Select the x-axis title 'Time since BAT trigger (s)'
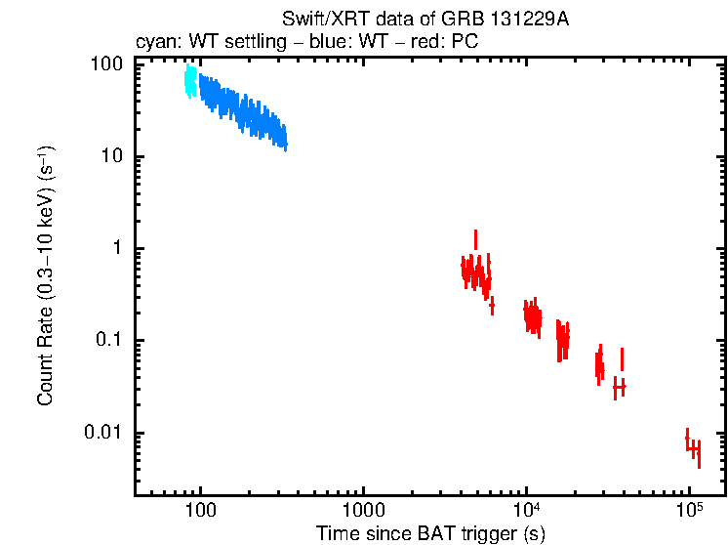pyautogui.click(x=430, y=533)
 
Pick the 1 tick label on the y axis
pyautogui.click(x=116, y=249)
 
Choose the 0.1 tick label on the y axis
pyautogui.click(x=107, y=341)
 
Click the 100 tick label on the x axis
pyautogui.click(x=200, y=511)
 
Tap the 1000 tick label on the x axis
pyautogui.click(x=363, y=511)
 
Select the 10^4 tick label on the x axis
pyautogui.click(x=526, y=510)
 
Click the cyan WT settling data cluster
pyautogui.click(x=190, y=82)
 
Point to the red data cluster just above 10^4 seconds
pyautogui.click(x=532, y=316)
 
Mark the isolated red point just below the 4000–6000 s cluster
pyautogui.click(x=492, y=306)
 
